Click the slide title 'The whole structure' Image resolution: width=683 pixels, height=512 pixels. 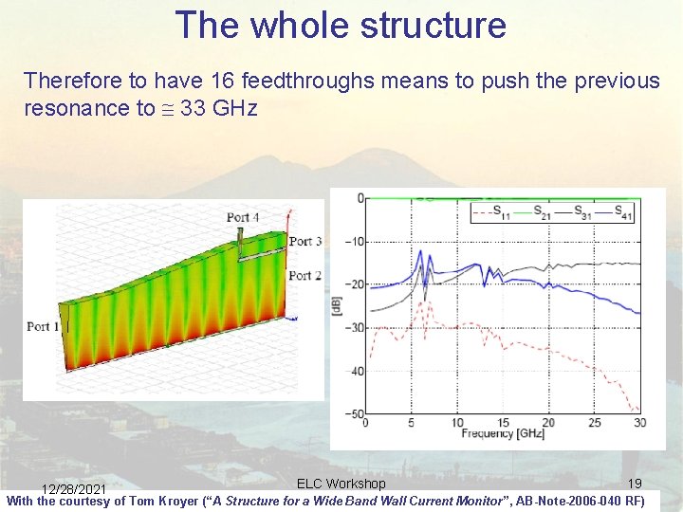[x=341, y=25]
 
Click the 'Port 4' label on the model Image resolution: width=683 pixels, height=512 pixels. [x=243, y=218]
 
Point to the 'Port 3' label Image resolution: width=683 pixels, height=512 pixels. [x=305, y=241]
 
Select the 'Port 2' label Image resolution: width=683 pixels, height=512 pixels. [x=305, y=275]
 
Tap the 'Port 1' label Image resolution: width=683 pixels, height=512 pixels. [x=44, y=326]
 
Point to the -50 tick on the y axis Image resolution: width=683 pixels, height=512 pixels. [x=354, y=414]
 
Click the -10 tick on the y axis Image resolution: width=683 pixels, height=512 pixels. [x=354, y=242]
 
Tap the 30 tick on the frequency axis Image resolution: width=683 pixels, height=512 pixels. [x=640, y=423]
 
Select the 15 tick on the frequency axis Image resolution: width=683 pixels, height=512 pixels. [x=503, y=423]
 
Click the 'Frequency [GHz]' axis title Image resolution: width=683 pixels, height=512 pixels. [x=502, y=434]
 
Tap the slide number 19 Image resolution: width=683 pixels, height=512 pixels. [x=635, y=484]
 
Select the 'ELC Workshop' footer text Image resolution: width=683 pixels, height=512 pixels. [x=341, y=484]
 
